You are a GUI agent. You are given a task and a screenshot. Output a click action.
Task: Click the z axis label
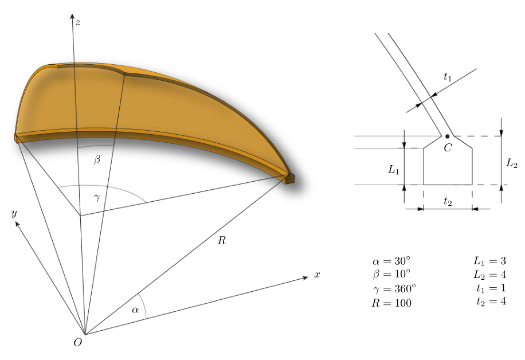click(x=78, y=22)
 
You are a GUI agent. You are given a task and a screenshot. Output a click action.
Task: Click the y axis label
click(x=14, y=214)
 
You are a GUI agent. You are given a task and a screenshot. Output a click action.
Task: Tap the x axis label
click(x=317, y=275)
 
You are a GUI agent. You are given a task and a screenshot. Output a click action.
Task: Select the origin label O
click(x=78, y=342)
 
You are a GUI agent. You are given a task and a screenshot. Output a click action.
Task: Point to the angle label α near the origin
click(x=135, y=310)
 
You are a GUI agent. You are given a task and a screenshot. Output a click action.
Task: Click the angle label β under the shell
click(x=97, y=159)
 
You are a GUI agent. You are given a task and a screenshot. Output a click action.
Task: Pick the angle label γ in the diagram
click(x=97, y=198)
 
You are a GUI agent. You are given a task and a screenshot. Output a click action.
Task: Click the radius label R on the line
click(x=222, y=240)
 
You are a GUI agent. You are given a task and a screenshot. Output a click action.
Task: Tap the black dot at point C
click(x=447, y=136)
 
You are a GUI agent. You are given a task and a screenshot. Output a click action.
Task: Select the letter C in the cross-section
click(x=448, y=148)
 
